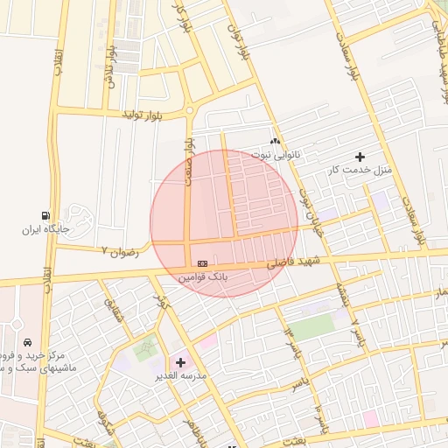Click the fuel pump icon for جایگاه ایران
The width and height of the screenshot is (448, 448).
tap(45, 215)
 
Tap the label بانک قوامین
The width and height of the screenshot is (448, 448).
tap(204, 276)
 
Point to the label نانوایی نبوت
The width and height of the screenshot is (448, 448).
tap(276, 154)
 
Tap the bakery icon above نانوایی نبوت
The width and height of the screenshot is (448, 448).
tap(276, 141)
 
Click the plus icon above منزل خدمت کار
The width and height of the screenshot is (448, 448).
tap(360, 157)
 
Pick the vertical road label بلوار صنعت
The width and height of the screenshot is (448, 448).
tap(187, 160)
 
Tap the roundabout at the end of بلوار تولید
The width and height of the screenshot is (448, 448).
tap(190, 110)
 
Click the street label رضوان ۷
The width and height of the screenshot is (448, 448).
tap(121, 251)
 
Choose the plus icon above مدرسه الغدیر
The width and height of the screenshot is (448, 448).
tap(181, 361)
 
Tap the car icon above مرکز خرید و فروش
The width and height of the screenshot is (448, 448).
tap(29, 342)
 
